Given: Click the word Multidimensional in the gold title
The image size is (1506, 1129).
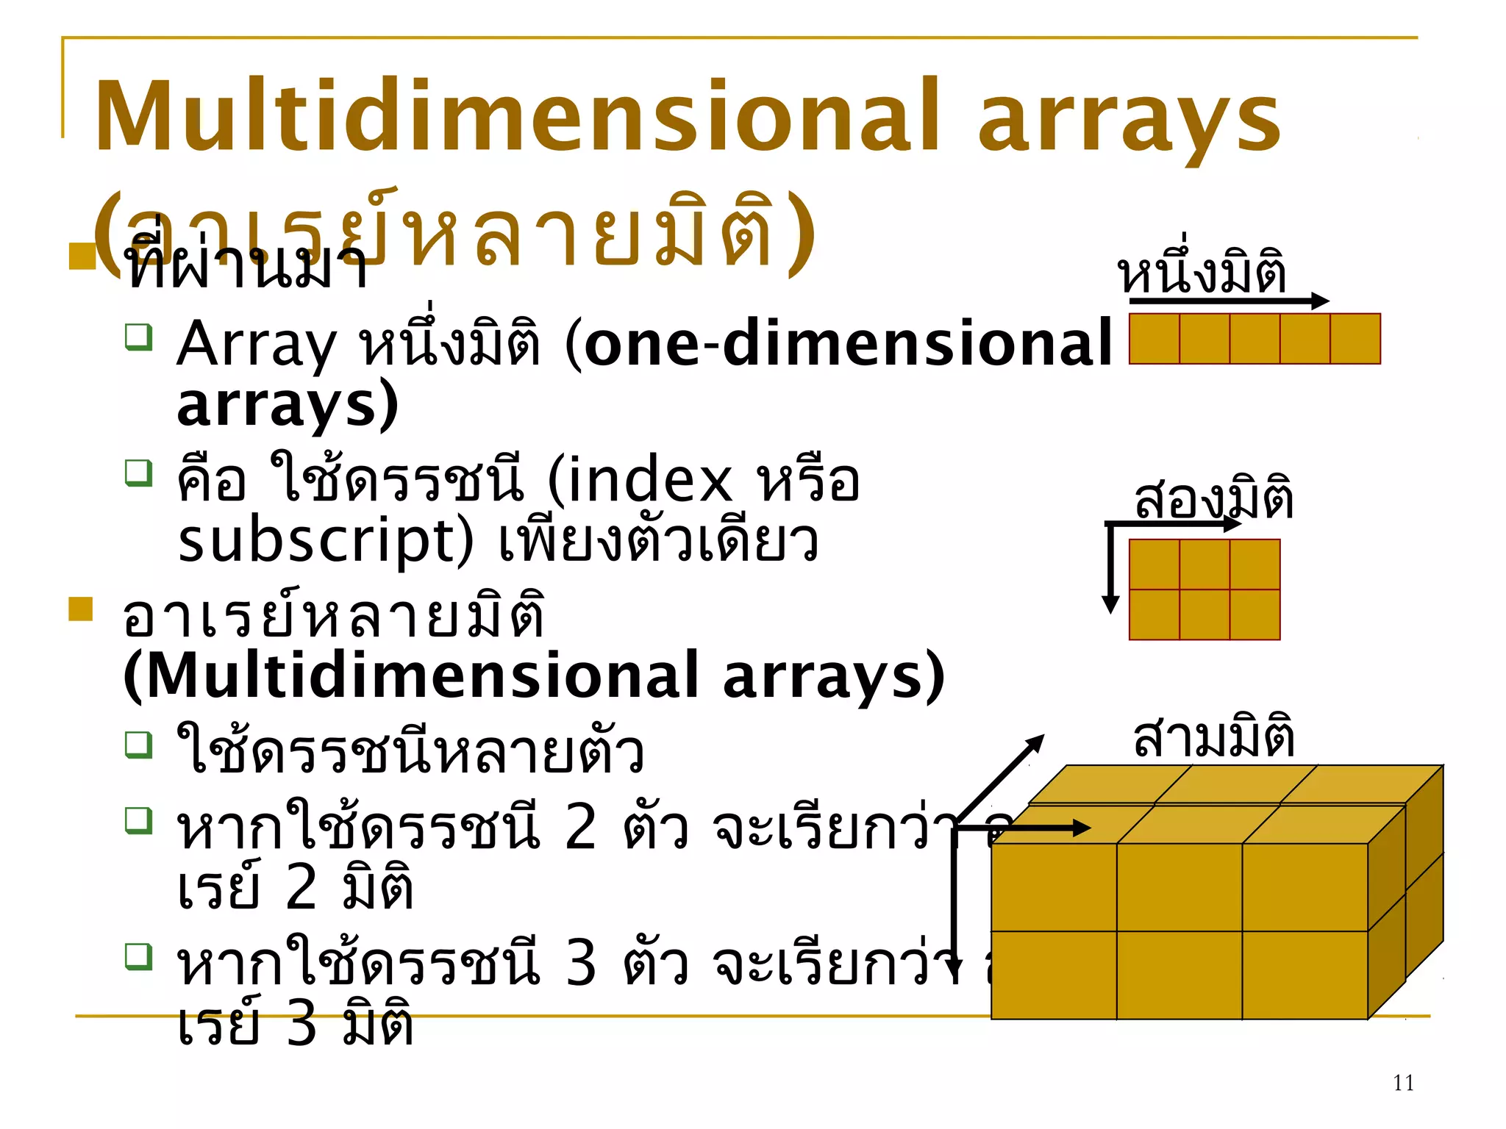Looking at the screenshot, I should click(x=515, y=118).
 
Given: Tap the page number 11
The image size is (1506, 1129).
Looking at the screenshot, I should click(x=1403, y=1083).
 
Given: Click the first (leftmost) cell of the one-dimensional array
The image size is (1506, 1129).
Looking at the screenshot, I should click(x=1155, y=339).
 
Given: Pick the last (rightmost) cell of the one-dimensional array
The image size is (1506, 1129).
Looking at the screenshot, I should click(x=1355, y=339).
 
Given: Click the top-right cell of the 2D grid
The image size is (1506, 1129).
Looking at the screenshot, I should click(x=1255, y=564).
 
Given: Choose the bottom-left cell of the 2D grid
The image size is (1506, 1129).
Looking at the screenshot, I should click(x=1155, y=614).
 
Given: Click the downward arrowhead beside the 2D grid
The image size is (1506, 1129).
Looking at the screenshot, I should click(x=1110, y=604).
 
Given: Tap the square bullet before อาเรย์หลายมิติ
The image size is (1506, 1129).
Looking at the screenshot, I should click(x=81, y=609).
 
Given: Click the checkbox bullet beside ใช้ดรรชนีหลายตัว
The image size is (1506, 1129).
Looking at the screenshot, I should click(x=138, y=745).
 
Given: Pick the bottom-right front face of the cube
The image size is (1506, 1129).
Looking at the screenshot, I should click(x=1305, y=975).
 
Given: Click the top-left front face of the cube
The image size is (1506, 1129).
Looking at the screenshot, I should click(x=1054, y=887).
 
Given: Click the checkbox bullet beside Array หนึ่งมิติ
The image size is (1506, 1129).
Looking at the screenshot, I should click(x=138, y=337).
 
